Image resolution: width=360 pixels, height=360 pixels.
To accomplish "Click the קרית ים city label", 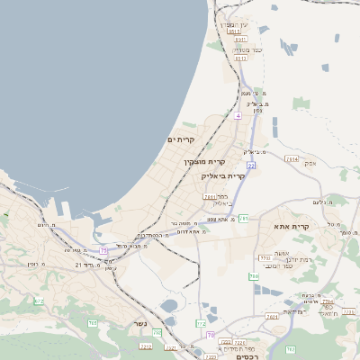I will (x=181, y=140).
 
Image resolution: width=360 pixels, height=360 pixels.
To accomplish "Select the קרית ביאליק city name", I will (x=223, y=176).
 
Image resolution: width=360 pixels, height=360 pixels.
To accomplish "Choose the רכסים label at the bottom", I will (x=246, y=356).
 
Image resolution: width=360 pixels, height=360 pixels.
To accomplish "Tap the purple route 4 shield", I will (x=238, y=116).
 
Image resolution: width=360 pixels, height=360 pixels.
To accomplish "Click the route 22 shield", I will (x=252, y=166).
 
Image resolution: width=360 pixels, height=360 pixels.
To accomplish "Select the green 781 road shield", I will (x=244, y=218).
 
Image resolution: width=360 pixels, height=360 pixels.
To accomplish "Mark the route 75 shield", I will (x=103, y=250).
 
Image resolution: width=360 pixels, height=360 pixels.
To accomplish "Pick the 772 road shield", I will (x=201, y=322).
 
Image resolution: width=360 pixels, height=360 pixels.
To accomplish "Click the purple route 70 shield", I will (x=211, y=335).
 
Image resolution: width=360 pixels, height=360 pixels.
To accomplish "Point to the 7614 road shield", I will (x=291, y=159).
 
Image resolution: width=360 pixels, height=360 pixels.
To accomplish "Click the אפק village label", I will (x=310, y=163).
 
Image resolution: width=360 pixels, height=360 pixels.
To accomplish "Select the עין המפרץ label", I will (x=233, y=24).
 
